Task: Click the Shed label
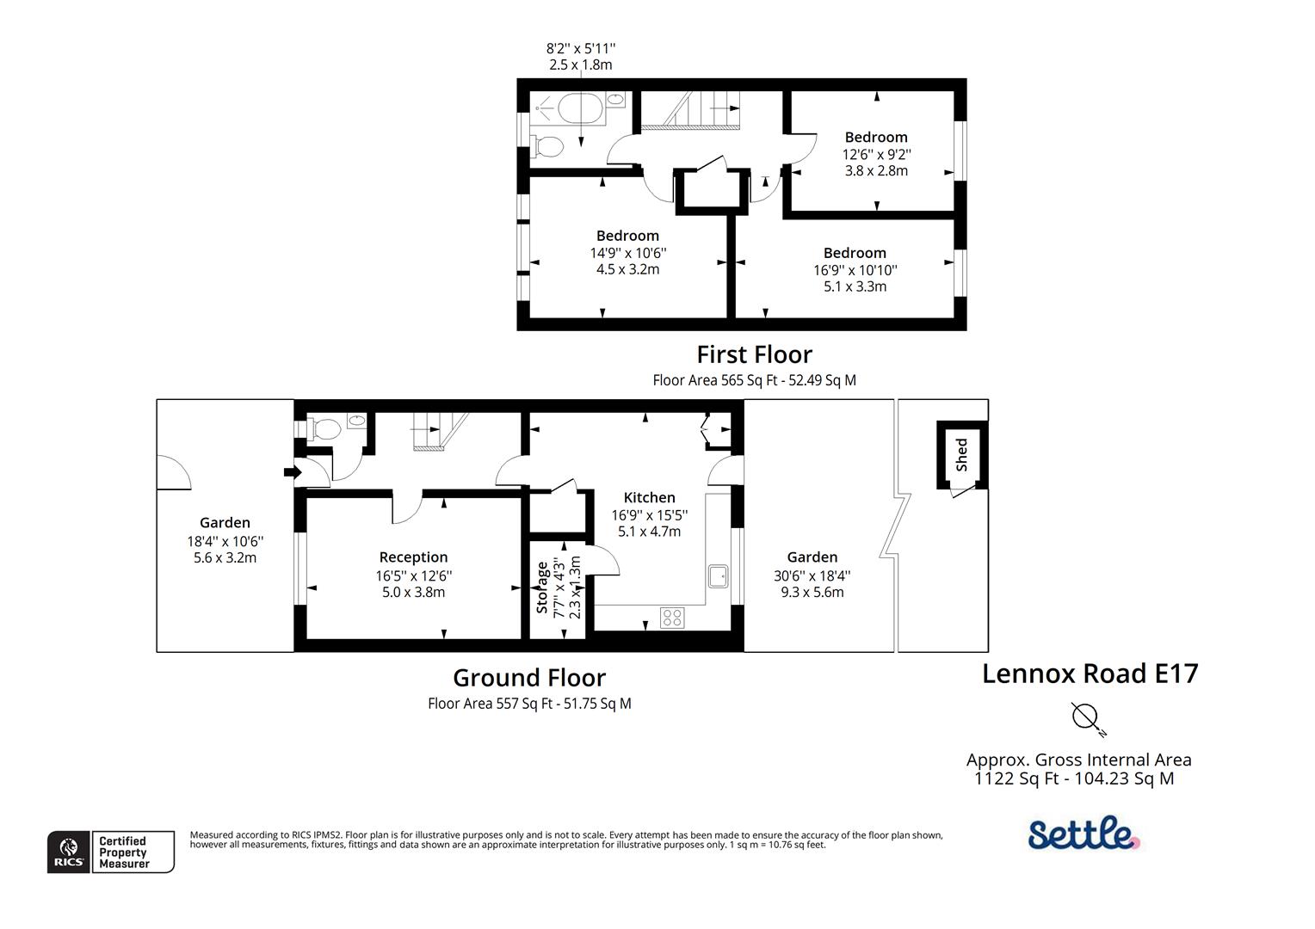[961, 454]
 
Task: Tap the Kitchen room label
[649, 497]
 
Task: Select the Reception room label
[413, 557]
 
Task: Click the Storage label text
[542, 588]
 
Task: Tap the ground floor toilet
[325, 428]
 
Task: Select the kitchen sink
[718, 575]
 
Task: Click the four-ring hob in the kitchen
[671, 617]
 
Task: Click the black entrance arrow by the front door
[290, 471]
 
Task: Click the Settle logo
[1083, 834]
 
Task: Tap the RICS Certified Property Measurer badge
[111, 852]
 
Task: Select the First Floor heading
[754, 354]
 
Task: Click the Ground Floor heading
[529, 678]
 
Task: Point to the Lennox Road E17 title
[1090, 673]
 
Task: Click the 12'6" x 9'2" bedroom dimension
[876, 154]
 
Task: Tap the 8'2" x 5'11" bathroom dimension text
[581, 49]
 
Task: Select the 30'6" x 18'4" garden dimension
[812, 575]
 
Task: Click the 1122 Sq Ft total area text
[1073, 779]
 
